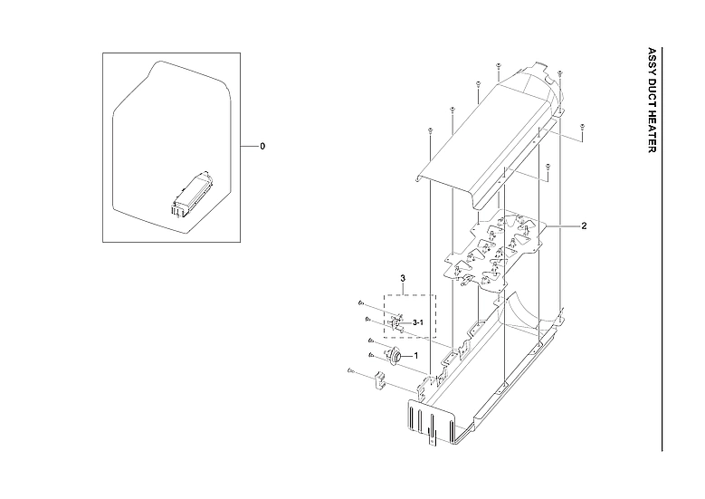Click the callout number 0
[x=262, y=146]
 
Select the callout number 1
[x=416, y=356]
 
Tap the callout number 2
[x=585, y=226]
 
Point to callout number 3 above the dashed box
[x=403, y=275]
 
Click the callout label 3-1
[x=419, y=322]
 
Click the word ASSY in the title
[x=653, y=62]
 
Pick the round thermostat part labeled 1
[x=394, y=356]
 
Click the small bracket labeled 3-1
[x=397, y=321]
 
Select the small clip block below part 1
[x=379, y=379]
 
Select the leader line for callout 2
[x=559, y=226]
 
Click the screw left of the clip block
[x=349, y=370]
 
